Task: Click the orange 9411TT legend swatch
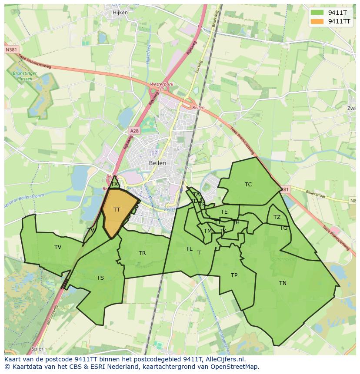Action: coord(317,21)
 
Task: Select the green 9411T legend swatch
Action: coord(317,13)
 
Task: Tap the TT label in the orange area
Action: coord(117,210)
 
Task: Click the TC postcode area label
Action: coord(248,185)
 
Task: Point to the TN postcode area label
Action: coord(283,283)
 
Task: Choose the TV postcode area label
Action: coord(58,247)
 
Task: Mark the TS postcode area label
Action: coord(100,278)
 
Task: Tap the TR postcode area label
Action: coord(142,253)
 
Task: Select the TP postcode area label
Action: coord(234,275)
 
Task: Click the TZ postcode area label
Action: coord(277,217)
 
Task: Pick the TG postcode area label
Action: coord(283,228)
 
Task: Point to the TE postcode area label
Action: coord(224,212)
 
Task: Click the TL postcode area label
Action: coord(189,249)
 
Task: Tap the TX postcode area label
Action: coord(114,184)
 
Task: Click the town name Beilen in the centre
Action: coord(157,163)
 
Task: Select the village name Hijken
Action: coord(120,13)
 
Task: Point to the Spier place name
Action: coord(37,348)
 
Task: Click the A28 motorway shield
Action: coord(134,130)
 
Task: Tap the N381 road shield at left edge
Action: coord(12,50)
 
